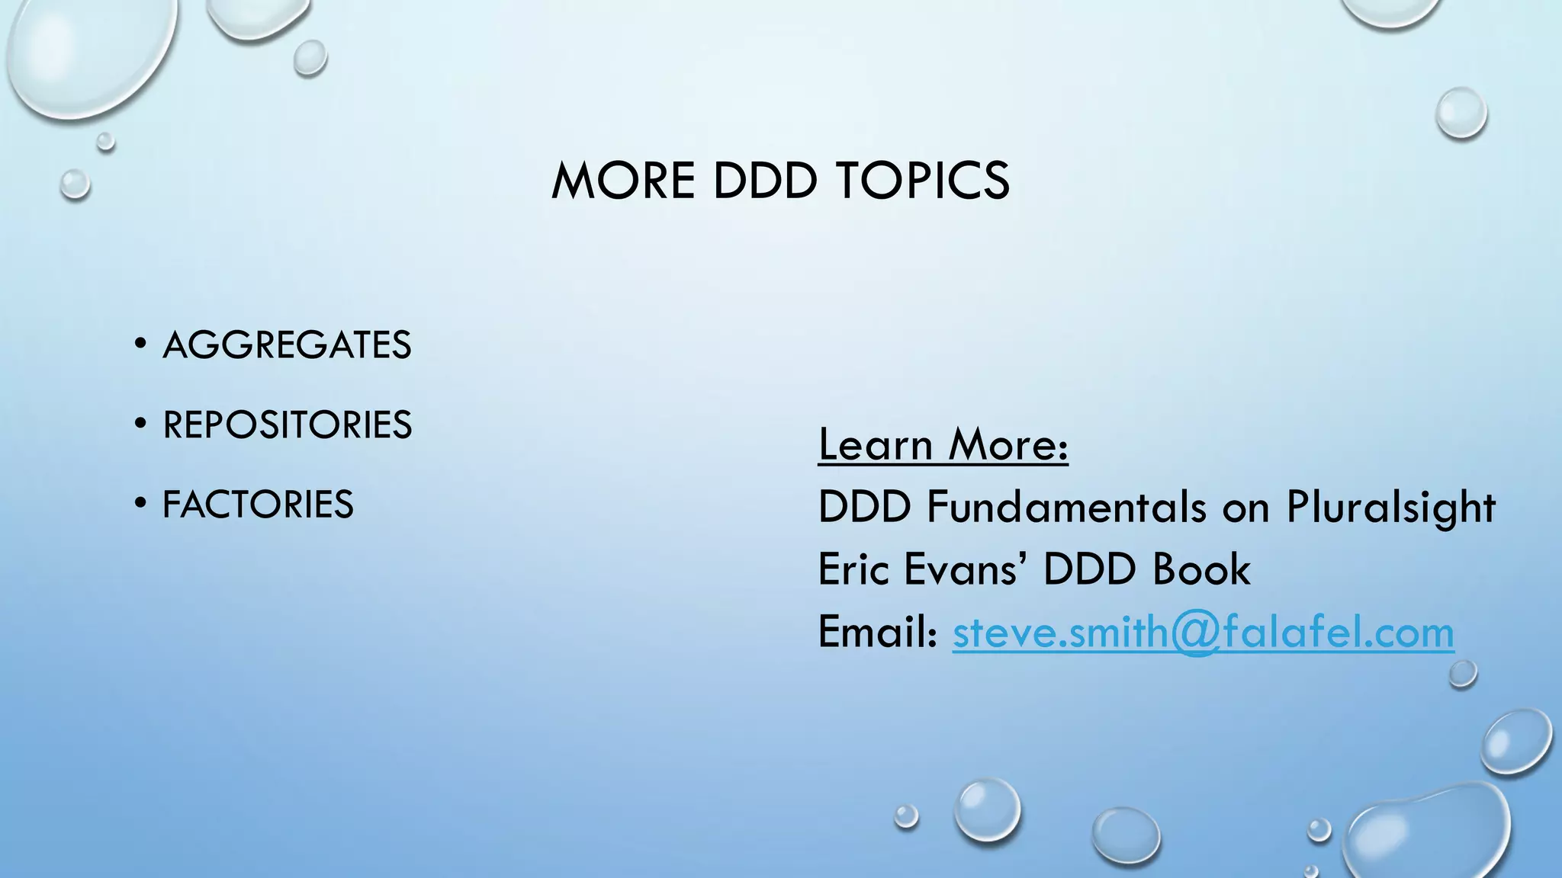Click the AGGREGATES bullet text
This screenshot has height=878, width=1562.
[287, 345]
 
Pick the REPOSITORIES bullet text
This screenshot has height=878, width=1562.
[287, 425]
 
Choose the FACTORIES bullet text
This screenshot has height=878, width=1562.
[258, 505]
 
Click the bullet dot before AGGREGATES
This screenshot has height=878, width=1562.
[140, 344]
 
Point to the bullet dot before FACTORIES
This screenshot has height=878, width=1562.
[140, 503]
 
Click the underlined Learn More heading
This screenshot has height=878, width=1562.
[943, 444]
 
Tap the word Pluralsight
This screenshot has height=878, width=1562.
[1390, 508]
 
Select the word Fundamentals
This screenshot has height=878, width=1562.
[1066, 507]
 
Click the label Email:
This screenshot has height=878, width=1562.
[877, 632]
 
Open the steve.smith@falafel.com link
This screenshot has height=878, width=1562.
[1203, 633]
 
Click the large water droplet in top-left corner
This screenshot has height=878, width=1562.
[88, 53]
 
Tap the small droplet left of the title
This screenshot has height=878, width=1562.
[75, 184]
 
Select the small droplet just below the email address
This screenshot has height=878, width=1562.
[1462, 674]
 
